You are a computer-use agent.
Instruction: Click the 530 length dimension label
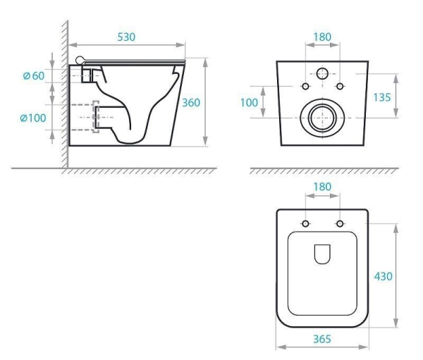(x=126, y=37)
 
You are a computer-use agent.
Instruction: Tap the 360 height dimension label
(x=191, y=103)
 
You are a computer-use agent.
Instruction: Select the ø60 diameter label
(x=34, y=76)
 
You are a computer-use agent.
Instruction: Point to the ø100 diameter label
(x=33, y=118)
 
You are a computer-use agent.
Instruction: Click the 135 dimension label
(x=381, y=97)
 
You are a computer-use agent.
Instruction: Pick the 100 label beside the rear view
(x=249, y=102)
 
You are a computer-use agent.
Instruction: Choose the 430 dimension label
(x=383, y=276)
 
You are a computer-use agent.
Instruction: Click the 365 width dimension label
(x=322, y=339)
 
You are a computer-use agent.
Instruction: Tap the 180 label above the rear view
(x=322, y=37)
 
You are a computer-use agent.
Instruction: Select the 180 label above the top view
(x=322, y=187)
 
